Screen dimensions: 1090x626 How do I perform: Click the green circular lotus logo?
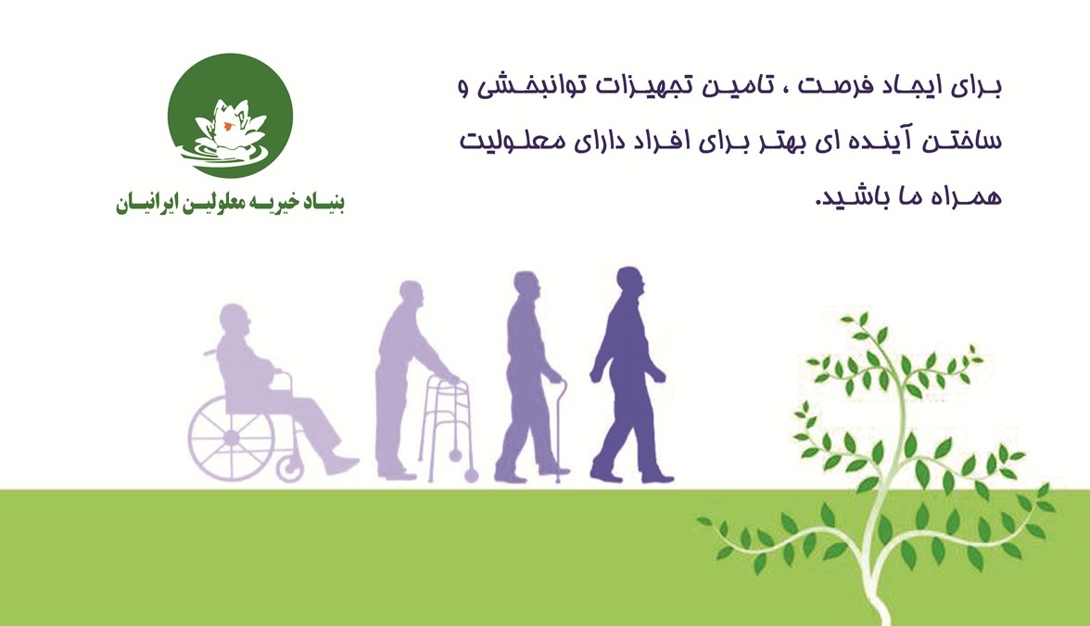[x=230, y=116]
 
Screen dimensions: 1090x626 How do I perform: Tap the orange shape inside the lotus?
[x=227, y=127]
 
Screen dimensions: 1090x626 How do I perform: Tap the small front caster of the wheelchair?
[x=290, y=469]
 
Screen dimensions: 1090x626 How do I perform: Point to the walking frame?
[x=449, y=430]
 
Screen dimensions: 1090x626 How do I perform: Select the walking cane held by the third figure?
[x=560, y=431]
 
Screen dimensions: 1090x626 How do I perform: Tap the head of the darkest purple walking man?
[x=630, y=282]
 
